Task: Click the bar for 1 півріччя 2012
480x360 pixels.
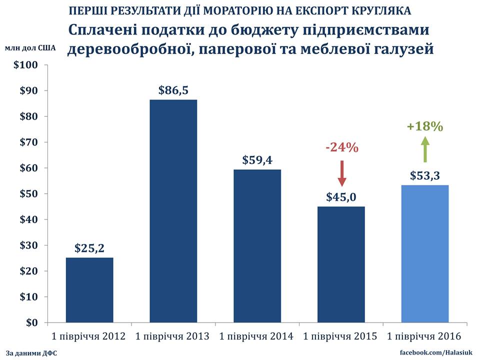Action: (x=89, y=290)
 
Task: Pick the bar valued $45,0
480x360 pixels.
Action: (x=341, y=264)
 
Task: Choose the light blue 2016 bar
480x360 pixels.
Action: (x=425, y=254)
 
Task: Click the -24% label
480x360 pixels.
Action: (x=342, y=148)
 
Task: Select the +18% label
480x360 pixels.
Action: (x=425, y=126)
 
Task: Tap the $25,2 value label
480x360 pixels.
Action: (x=89, y=248)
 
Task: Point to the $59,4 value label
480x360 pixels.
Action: (x=257, y=160)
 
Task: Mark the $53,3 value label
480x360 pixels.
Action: (x=425, y=176)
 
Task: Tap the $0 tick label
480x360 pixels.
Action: (x=32, y=323)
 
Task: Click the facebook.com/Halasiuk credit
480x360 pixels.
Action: (x=435, y=353)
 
